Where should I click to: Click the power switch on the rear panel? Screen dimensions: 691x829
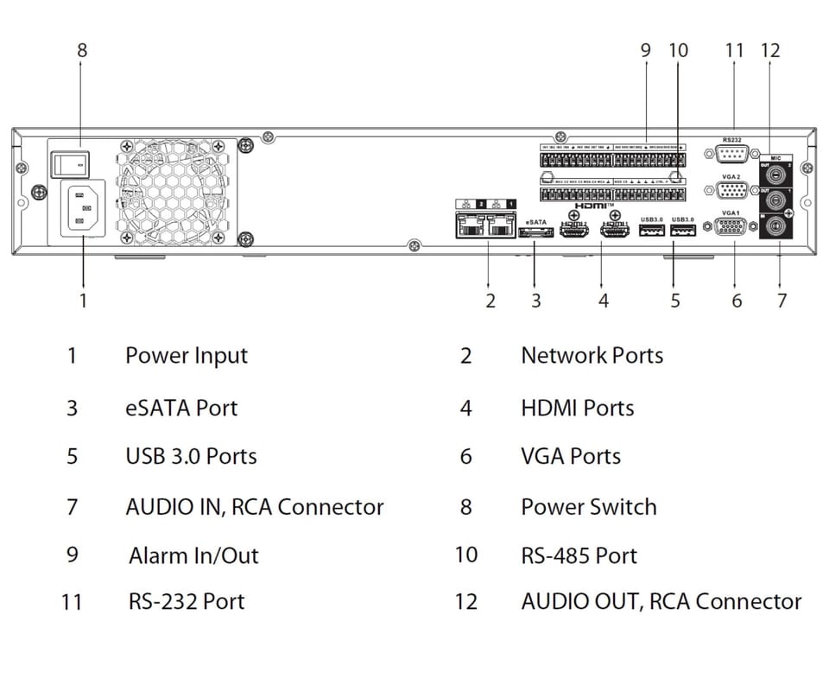(x=70, y=160)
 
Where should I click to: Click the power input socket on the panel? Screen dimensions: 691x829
(x=81, y=208)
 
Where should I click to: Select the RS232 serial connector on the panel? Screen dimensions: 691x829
(x=733, y=155)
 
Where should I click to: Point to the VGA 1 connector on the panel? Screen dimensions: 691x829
(x=732, y=228)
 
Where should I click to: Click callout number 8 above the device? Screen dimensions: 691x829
(x=82, y=50)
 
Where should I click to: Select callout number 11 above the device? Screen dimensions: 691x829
(x=734, y=50)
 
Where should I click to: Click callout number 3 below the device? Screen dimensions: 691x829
(x=536, y=301)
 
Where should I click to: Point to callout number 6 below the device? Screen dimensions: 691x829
(x=737, y=301)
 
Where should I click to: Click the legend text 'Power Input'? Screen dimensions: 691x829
(x=187, y=356)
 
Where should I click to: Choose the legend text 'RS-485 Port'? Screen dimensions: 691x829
(x=579, y=555)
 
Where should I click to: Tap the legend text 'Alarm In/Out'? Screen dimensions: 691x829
(x=193, y=555)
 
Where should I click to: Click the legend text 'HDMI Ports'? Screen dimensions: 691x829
(x=577, y=408)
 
